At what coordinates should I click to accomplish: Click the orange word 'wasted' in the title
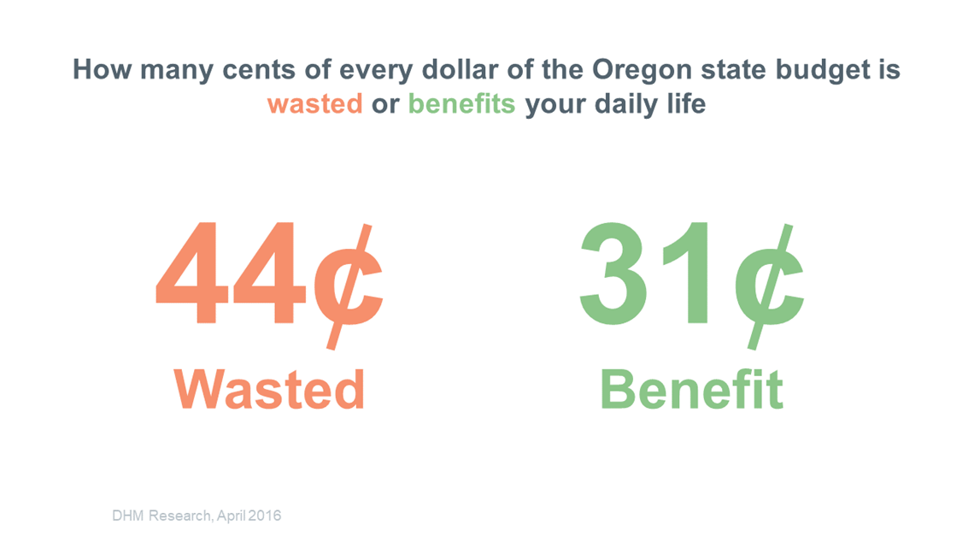click(x=315, y=103)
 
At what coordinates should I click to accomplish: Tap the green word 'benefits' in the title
click(x=461, y=103)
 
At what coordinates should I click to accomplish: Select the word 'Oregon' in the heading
click(x=642, y=70)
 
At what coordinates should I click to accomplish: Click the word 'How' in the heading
click(x=102, y=69)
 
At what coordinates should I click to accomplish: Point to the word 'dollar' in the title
click(x=460, y=69)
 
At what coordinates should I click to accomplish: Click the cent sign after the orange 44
click(x=348, y=286)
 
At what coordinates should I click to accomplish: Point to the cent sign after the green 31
click(x=770, y=286)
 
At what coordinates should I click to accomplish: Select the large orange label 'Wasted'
click(x=269, y=389)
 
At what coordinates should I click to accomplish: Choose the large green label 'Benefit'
click(x=691, y=389)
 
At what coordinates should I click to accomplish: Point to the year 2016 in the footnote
click(x=265, y=516)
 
